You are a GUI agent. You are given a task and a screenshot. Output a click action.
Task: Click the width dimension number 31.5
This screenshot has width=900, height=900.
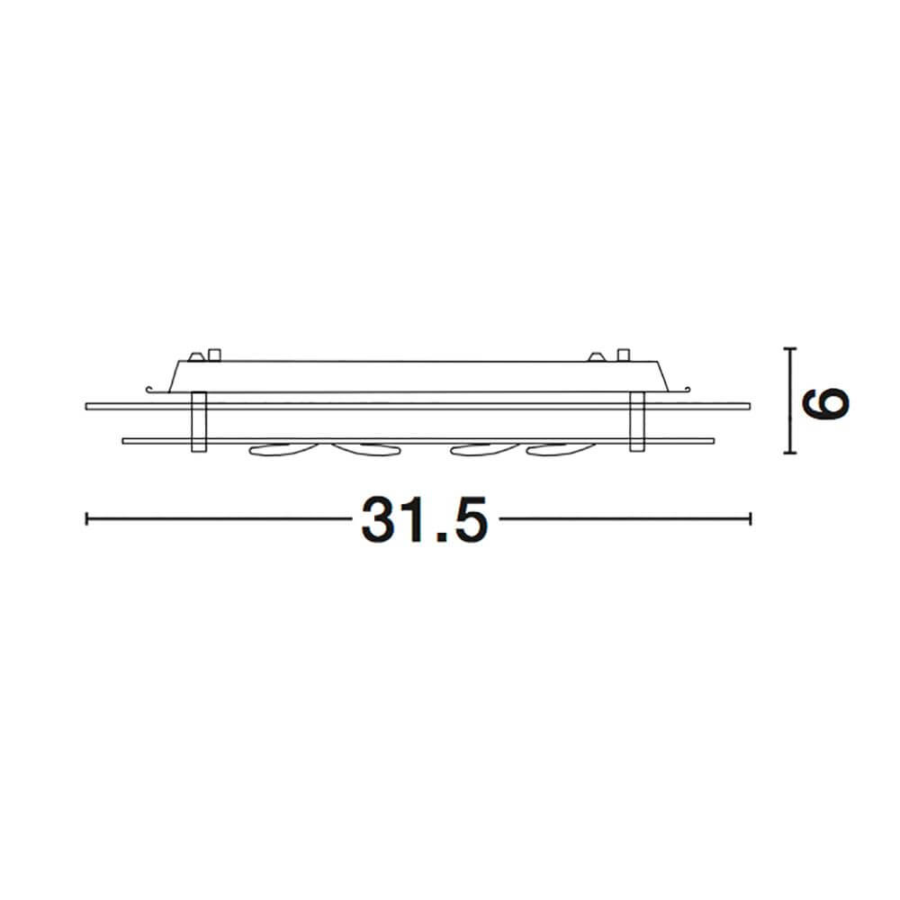coord(424,519)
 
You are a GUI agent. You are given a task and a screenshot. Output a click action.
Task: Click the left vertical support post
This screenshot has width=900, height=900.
coord(199,422)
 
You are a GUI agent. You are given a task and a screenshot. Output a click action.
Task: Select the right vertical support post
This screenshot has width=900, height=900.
coord(637,422)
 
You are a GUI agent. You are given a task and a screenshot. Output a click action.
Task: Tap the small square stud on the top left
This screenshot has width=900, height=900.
coord(215,355)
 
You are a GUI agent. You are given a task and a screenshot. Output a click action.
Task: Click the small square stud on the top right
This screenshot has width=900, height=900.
coord(624,355)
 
